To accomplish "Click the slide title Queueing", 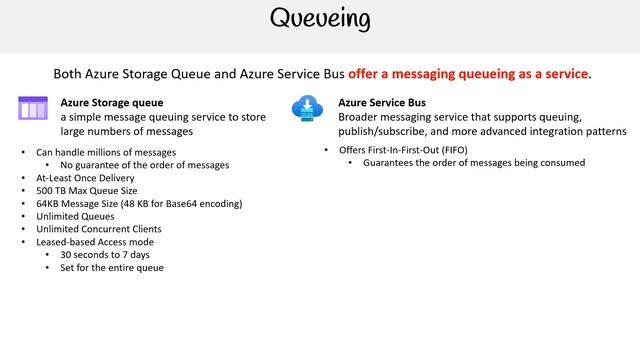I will pos(320,20).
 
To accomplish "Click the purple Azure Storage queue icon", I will pos(33,107).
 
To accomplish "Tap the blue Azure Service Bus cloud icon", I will pos(305,108).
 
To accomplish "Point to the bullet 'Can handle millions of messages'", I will pos(106,152).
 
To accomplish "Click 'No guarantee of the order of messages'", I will pos(144,164).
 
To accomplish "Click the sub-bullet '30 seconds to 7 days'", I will pos(105,255).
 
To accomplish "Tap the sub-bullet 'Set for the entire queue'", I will pos(112,268).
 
